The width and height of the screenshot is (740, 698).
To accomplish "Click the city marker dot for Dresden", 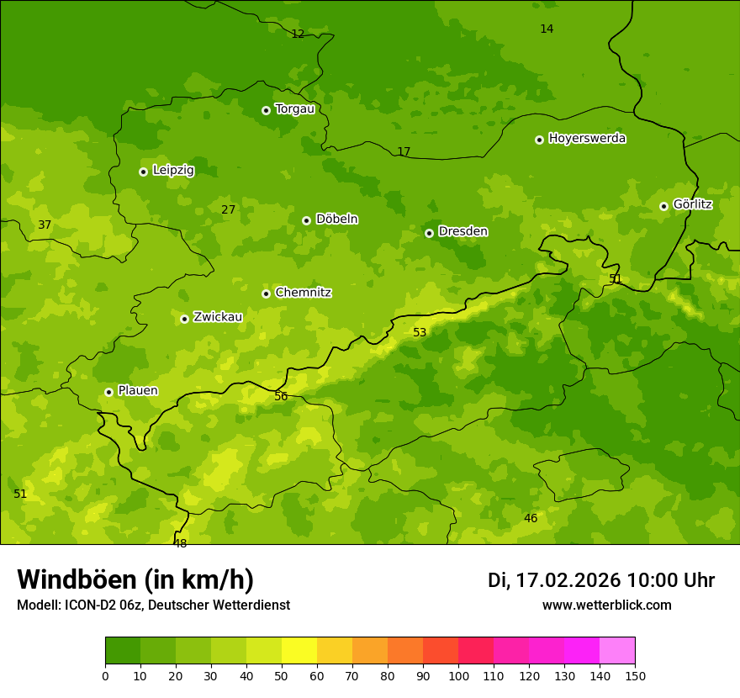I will pyautogui.click(x=429, y=233).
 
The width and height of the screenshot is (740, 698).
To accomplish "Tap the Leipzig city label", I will pyautogui.click(x=173, y=170).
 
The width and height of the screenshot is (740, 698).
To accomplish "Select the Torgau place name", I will pyautogui.click(x=294, y=108).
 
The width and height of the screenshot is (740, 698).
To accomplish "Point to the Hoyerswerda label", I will pyautogui.click(x=587, y=138).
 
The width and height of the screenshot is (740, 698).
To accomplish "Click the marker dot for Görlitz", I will pyautogui.click(x=663, y=206).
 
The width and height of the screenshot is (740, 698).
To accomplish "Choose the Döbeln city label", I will pyautogui.click(x=336, y=219).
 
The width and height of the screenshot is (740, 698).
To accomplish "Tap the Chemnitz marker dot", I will pyautogui.click(x=266, y=293).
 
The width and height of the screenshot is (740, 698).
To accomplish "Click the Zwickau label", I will pyautogui.click(x=218, y=317).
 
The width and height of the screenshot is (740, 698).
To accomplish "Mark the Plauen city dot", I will pyautogui.click(x=108, y=392).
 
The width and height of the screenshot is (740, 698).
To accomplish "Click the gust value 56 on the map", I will pyautogui.click(x=281, y=396).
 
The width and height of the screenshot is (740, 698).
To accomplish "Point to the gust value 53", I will pyautogui.click(x=420, y=333).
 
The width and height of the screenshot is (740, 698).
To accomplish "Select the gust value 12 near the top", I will pyautogui.click(x=298, y=34).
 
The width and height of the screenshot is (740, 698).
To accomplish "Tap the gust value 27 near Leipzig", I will pyautogui.click(x=228, y=210).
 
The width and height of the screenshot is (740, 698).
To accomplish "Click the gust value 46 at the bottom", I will pyautogui.click(x=531, y=519).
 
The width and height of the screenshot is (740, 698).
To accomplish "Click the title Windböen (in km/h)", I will pyautogui.click(x=135, y=579).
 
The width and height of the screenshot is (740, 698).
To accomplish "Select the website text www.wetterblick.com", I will pyautogui.click(x=606, y=605).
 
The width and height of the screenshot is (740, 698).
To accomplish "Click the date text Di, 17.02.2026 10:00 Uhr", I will pyautogui.click(x=601, y=580).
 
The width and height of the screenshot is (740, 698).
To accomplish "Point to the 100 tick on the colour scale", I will pyautogui.click(x=458, y=675).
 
